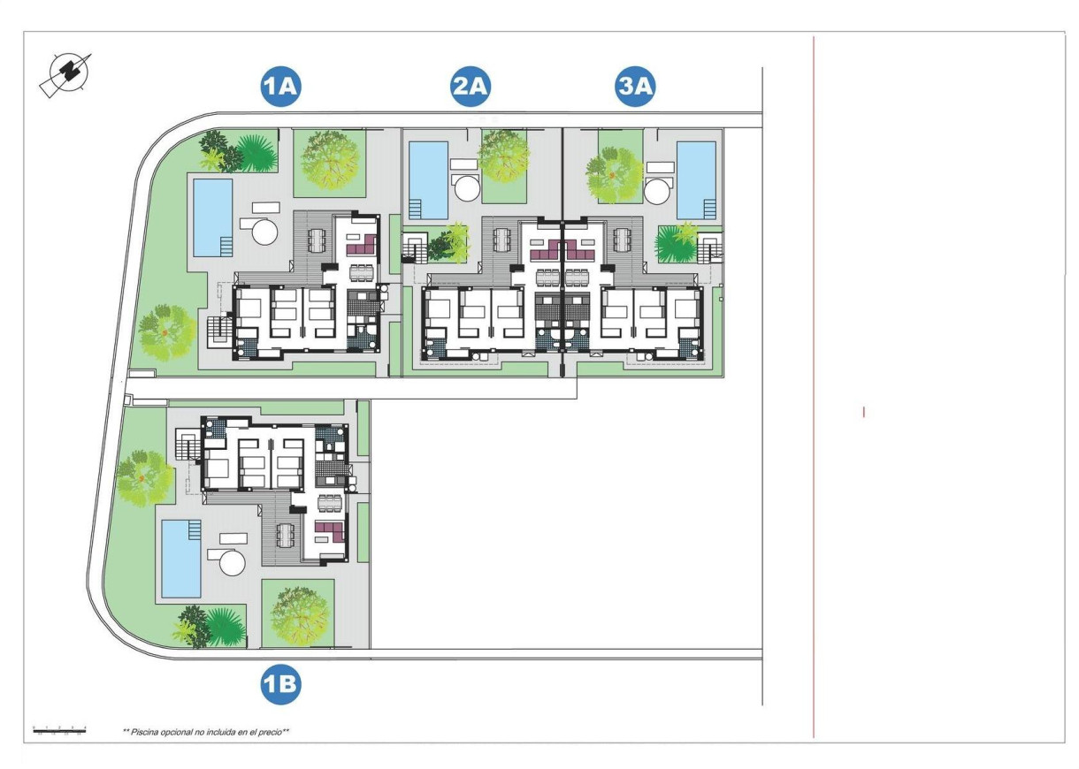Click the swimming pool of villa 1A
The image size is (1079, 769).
(212, 217)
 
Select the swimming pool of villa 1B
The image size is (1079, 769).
(181, 558)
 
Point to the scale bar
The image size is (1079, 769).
(59, 730)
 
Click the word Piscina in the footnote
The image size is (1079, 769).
(147, 732)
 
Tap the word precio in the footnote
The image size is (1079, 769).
(270, 732)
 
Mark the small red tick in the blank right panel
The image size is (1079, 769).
(863, 411)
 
